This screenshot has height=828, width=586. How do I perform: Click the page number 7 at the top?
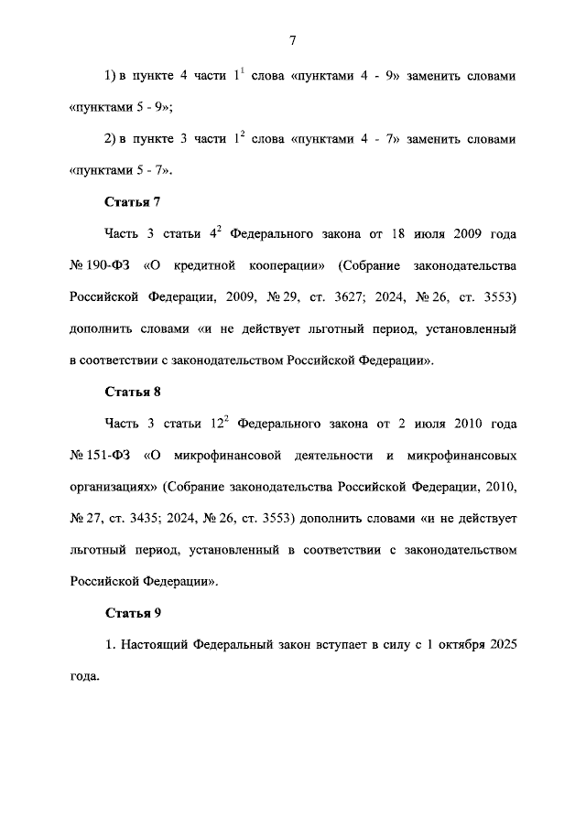pyautogui.click(x=292, y=40)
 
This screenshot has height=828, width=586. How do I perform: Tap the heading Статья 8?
pyautogui.click(x=133, y=392)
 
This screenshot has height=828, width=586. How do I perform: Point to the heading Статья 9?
pyautogui.click(x=133, y=612)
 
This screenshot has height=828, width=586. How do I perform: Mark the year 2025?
pyautogui.click(x=502, y=645)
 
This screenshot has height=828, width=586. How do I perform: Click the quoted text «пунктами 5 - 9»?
pyautogui.click(x=121, y=107)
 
